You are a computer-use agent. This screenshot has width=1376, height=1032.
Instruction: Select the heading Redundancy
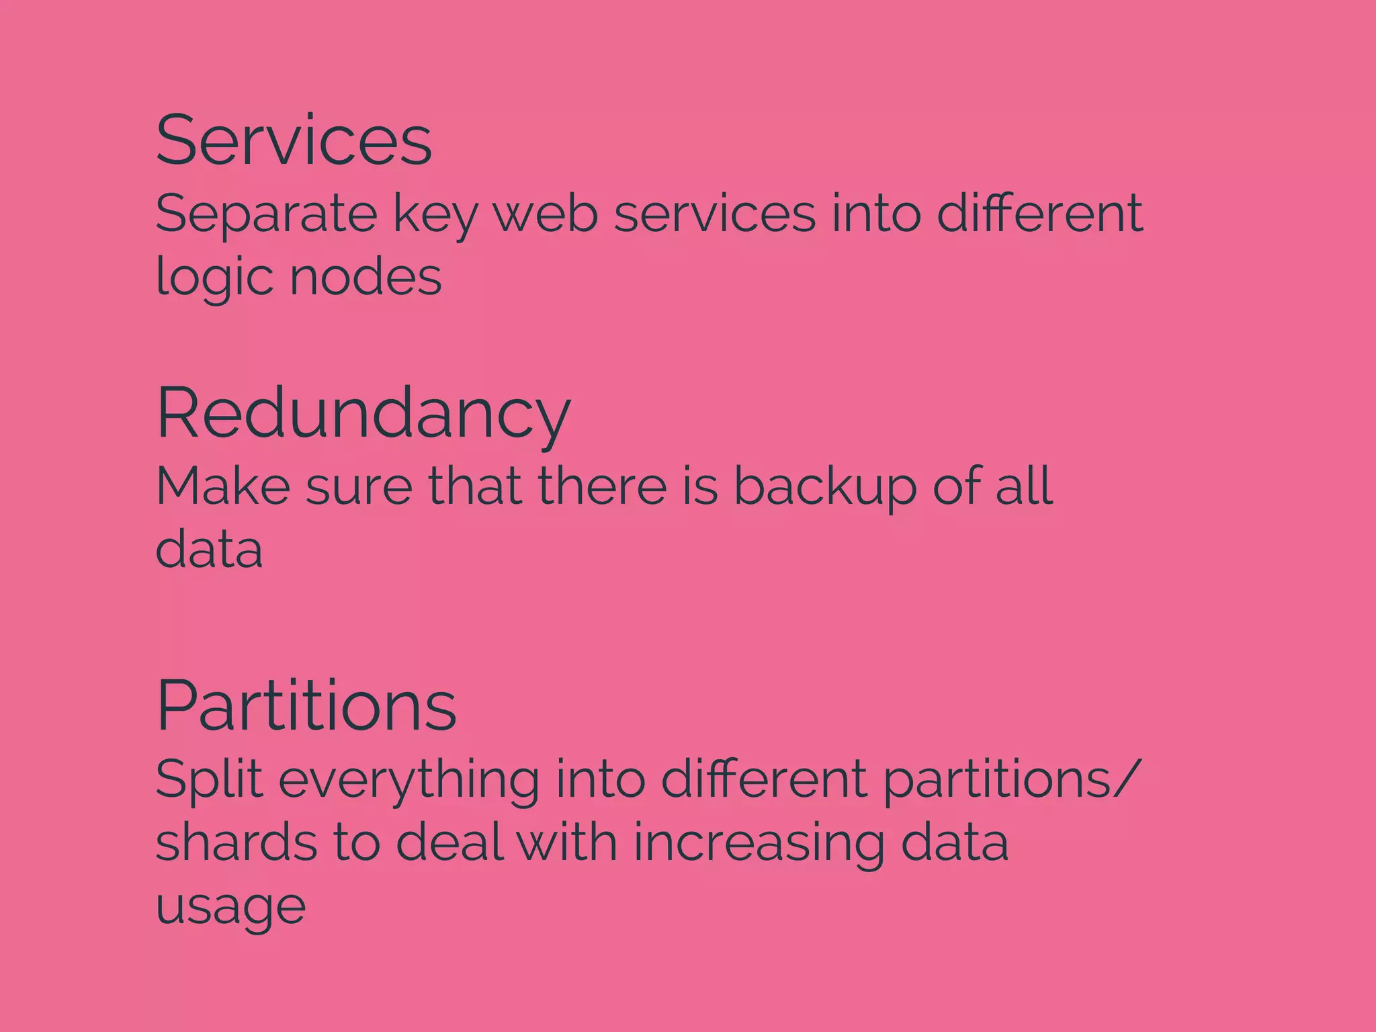pyautogui.click(x=363, y=415)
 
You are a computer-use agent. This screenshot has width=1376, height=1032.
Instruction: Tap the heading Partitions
pyautogui.click(x=306, y=705)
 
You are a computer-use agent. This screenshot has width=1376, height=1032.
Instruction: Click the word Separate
pyautogui.click(x=266, y=214)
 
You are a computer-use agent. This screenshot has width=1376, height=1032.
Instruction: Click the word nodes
pyautogui.click(x=365, y=277)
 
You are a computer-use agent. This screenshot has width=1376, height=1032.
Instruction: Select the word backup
pyautogui.click(x=824, y=486)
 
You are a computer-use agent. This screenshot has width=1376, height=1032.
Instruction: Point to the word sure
pyautogui.click(x=359, y=488)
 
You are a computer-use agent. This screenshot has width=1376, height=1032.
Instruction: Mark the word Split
pyautogui.click(x=209, y=779)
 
